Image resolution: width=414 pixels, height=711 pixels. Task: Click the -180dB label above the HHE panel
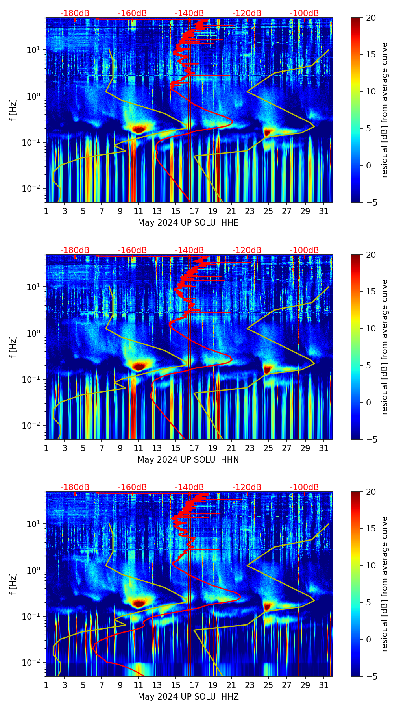(x=75, y=13)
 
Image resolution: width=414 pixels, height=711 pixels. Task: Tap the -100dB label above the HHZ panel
(x=304, y=487)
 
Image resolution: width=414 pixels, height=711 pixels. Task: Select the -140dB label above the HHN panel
(x=189, y=250)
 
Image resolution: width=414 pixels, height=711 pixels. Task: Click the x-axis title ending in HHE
(x=188, y=223)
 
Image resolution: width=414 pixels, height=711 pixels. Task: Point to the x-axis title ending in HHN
(x=188, y=460)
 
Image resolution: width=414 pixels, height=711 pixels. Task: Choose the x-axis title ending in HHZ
(x=188, y=697)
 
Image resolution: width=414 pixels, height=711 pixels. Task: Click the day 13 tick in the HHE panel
(x=157, y=211)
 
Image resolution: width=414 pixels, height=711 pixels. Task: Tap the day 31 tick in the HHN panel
(x=323, y=448)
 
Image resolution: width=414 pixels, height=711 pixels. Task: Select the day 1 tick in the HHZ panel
(x=46, y=685)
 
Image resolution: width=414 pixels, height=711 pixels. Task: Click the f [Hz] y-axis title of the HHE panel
(x=14, y=110)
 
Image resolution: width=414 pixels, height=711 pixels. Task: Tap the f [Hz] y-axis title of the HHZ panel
(x=14, y=584)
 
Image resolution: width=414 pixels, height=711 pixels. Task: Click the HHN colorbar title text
(x=384, y=347)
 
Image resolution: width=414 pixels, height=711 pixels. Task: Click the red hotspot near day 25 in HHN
(x=268, y=369)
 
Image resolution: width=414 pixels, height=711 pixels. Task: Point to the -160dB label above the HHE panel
(x=132, y=13)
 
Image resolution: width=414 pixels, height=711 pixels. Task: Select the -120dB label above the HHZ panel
(x=247, y=487)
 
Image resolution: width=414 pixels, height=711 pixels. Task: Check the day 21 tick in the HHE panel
(x=231, y=211)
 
